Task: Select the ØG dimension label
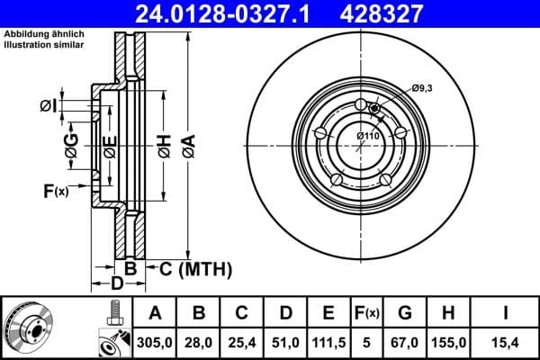71,144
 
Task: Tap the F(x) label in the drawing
55,190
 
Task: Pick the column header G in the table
404,312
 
